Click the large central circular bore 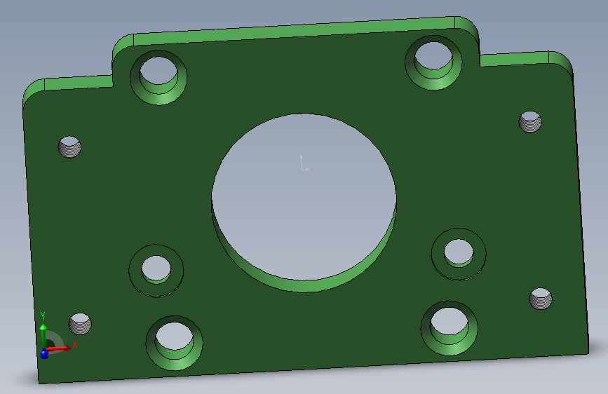click(304, 202)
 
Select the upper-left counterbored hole click(158, 77)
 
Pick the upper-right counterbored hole click(433, 62)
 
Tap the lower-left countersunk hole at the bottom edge click(174, 342)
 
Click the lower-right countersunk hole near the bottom click(449, 327)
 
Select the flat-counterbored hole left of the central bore click(156, 271)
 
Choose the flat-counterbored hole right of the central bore click(459, 254)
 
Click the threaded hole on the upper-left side click(69, 147)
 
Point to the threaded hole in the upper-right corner click(530, 122)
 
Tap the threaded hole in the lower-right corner click(541, 299)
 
